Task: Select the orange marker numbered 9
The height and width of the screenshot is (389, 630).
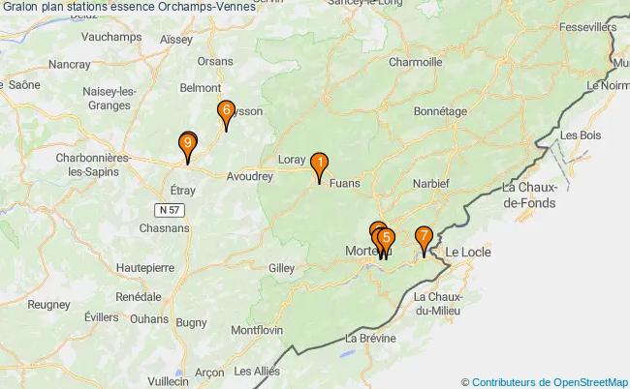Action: [x=187, y=146]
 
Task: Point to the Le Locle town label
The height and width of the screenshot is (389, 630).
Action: [x=468, y=253]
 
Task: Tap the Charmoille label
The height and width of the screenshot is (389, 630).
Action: [x=415, y=62]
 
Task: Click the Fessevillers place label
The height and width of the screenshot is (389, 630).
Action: [x=587, y=27]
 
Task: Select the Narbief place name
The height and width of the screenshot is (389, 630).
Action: [x=429, y=183]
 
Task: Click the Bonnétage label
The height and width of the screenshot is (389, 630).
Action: [x=440, y=111]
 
